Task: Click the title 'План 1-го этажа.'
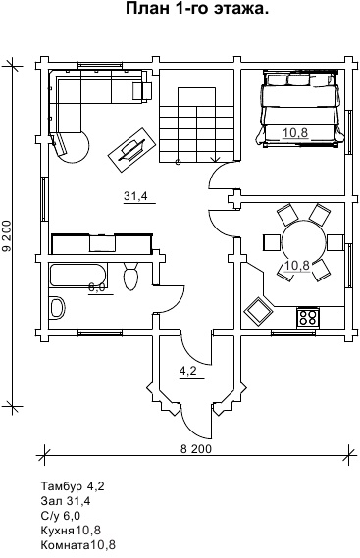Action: [x=197, y=9]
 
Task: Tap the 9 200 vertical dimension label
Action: [x=8, y=236]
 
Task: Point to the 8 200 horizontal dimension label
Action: [x=196, y=449]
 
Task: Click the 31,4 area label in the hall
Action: [x=135, y=195]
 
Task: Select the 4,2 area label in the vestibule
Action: [x=188, y=371]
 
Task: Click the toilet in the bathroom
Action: [x=130, y=276]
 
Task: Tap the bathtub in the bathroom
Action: [x=77, y=278]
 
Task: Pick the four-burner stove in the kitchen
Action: [x=308, y=318]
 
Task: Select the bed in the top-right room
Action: [x=300, y=109]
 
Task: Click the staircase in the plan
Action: [x=196, y=125]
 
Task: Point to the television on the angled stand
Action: [x=131, y=149]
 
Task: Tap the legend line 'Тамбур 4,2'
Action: [x=73, y=486]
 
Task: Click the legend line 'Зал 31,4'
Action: [x=66, y=501]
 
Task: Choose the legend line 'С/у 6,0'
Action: [x=61, y=516]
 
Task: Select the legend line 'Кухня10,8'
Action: [x=71, y=531]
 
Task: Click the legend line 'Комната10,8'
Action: [x=78, y=545]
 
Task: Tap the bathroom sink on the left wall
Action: [x=57, y=308]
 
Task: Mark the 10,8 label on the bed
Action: [x=295, y=133]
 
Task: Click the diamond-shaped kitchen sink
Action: [x=258, y=311]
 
